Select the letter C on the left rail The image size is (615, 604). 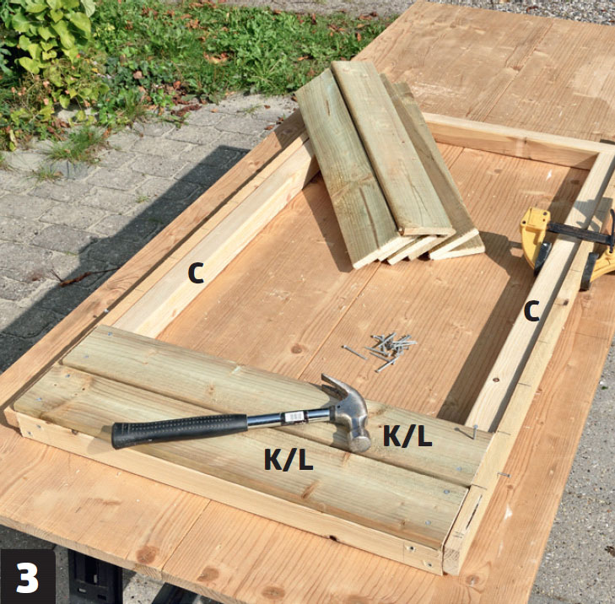[196, 272]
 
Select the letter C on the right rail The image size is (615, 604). [531, 311]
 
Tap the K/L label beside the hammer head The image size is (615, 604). [407, 436]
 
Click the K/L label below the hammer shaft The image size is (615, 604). [289, 459]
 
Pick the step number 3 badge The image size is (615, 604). [28, 576]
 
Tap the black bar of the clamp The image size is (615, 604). [580, 231]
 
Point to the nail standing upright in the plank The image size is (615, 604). [474, 432]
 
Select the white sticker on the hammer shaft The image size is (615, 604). [294, 417]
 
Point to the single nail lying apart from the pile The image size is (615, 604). [353, 353]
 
